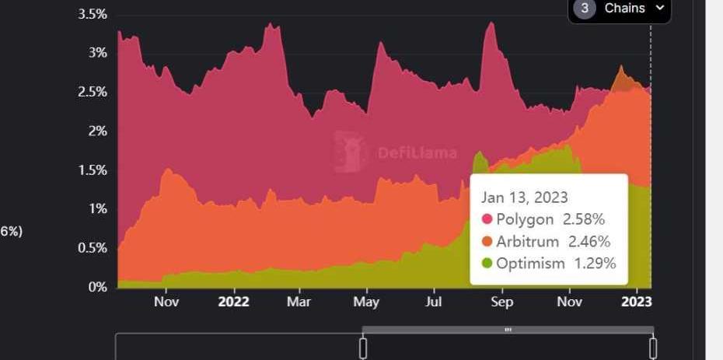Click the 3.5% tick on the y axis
tap(93, 14)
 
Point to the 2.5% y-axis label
tap(93, 92)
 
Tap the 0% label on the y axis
tap(98, 287)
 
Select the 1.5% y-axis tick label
tap(93, 170)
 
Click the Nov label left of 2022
tap(166, 302)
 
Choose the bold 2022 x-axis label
tap(233, 302)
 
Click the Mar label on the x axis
tap(299, 302)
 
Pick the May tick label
tap(366, 302)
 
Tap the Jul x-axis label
tap(434, 302)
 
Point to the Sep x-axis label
tap(502, 302)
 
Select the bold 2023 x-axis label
tap(636, 302)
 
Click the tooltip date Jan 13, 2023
tap(524, 197)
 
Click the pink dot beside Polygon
tap(487, 220)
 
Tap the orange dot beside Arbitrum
tap(487, 242)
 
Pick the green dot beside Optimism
tap(487, 264)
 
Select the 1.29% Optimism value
tap(595, 264)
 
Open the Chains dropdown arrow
tap(660, 8)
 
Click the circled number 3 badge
tap(585, 9)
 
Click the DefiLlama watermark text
tap(417, 153)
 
